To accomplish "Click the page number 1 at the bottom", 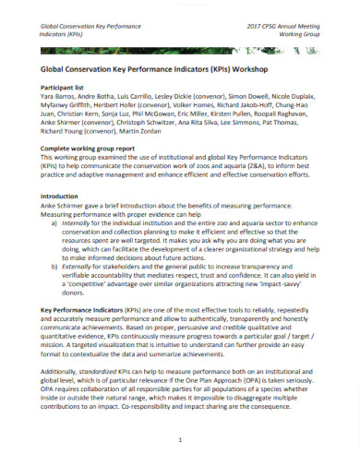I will pyautogui.click(x=181, y=442).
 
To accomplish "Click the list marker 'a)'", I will pyautogui.click(x=54, y=223).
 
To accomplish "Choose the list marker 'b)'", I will pyautogui.click(x=54, y=269).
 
